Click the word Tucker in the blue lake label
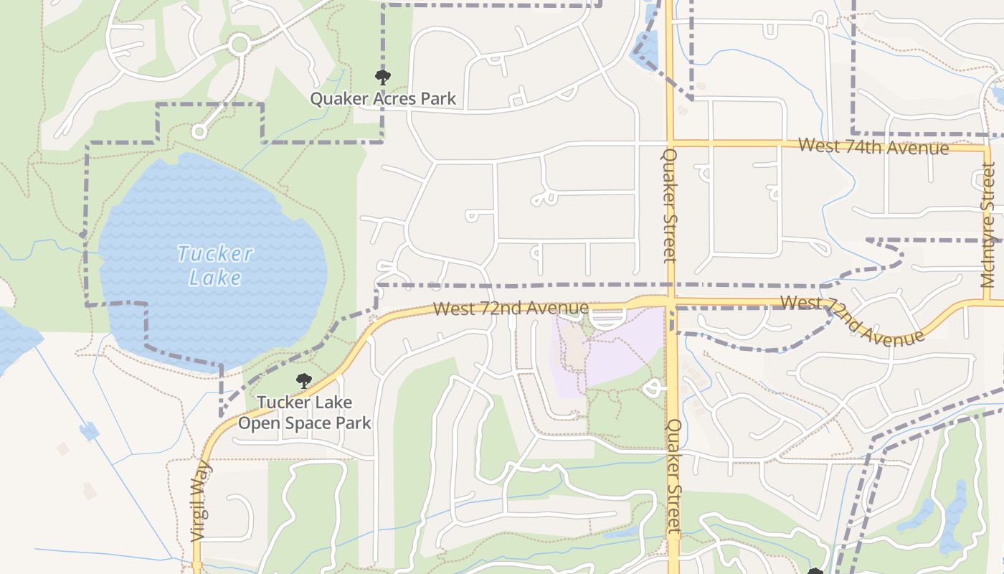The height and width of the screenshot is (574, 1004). pos(214,254)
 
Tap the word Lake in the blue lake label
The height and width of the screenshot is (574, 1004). pos(214,278)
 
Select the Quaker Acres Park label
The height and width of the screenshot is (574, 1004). pos(383,99)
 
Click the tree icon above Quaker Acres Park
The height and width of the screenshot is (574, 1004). pos(383,77)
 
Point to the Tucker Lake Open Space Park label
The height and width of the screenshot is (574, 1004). pos(304,413)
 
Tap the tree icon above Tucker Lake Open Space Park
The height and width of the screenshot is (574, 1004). pos(304,381)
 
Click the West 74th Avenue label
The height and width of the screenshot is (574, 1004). pos(873,146)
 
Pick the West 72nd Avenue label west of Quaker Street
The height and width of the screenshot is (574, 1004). pos(511,309)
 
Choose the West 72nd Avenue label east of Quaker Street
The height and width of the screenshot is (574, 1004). pos(851,320)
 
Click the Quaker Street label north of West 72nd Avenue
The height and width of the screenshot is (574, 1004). pos(670,205)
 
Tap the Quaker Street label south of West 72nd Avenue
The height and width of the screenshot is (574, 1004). pos(673,477)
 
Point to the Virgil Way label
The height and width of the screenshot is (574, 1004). pos(200,500)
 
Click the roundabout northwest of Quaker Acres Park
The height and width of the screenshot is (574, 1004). pos(240,45)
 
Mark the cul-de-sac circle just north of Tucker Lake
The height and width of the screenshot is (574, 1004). pos(199,131)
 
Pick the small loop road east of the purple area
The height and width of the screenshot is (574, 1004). pos(653,389)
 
